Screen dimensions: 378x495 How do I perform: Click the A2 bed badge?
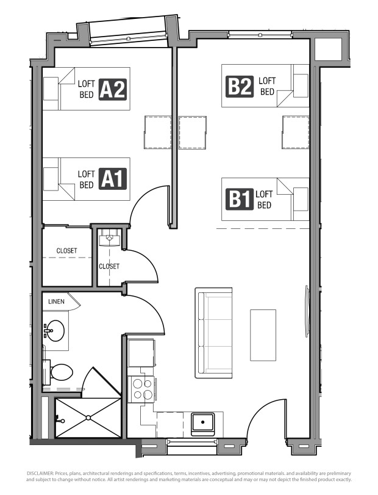[x=113, y=90]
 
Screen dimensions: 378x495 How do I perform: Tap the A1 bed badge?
[x=113, y=179]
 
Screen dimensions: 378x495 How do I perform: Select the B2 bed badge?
[x=240, y=86]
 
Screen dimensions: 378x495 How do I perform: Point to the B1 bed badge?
[x=240, y=199]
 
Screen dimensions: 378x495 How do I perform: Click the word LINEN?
[x=56, y=302]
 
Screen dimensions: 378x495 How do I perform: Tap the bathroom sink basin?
[x=55, y=331]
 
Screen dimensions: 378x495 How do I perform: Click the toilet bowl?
[x=62, y=372]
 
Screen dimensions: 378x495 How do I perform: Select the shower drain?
[x=88, y=417]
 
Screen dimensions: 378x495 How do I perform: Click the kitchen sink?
[x=202, y=422]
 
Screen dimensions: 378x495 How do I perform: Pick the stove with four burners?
[x=142, y=389]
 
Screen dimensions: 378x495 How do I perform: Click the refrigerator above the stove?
[x=141, y=353]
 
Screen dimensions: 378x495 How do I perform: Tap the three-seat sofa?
[x=213, y=333]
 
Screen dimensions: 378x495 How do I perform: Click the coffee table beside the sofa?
[x=263, y=335]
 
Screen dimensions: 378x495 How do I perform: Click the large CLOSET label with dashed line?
[x=66, y=251]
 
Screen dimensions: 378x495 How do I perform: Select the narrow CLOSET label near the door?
[x=109, y=266]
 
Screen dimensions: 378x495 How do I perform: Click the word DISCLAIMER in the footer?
[x=40, y=474]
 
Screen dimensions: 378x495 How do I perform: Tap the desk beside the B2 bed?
[x=295, y=132]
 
